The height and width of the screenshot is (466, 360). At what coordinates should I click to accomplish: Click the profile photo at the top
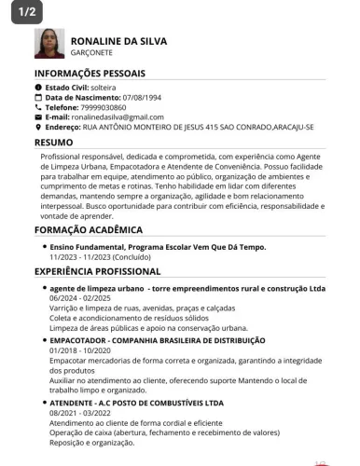(x=49, y=44)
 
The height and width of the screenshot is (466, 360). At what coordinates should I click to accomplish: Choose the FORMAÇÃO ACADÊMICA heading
(x=89, y=229)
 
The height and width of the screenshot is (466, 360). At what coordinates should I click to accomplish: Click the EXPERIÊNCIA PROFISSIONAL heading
(x=98, y=271)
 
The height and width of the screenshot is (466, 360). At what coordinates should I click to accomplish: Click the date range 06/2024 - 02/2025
(x=79, y=298)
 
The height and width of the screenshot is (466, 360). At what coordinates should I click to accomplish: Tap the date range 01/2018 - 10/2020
(x=79, y=350)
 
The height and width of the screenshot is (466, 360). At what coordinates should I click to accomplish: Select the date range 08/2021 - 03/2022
(x=79, y=412)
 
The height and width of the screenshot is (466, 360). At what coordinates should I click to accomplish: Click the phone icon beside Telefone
(x=38, y=107)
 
